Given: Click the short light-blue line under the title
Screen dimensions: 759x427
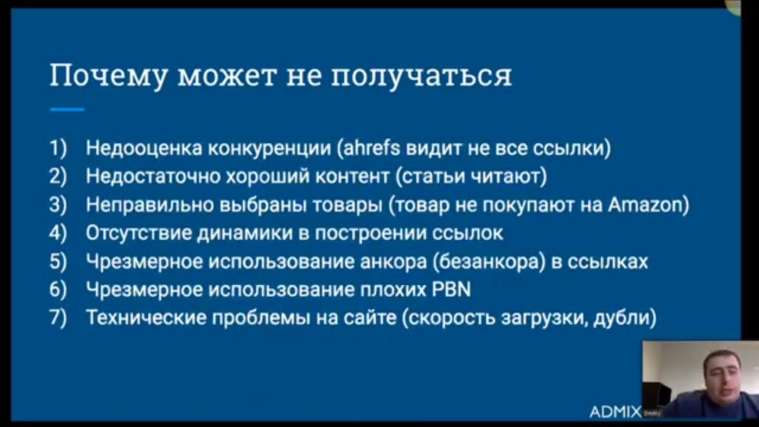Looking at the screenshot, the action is pyautogui.click(x=67, y=109).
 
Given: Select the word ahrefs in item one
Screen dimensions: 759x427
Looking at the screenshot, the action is pyautogui.click(x=372, y=148).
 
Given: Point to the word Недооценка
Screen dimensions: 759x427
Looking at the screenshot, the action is pyautogui.click(x=144, y=148).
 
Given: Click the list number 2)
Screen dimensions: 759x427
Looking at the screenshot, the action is pyautogui.click(x=58, y=176).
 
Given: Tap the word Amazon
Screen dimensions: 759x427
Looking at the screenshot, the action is pyautogui.click(x=645, y=205).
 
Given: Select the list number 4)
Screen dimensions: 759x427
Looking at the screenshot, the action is pyautogui.click(x=58, y=233).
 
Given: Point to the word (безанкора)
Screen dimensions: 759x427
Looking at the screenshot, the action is pyautogui.click(x=489, y=262).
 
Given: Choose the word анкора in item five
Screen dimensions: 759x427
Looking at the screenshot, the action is pyautogui.click(x=393, y=262).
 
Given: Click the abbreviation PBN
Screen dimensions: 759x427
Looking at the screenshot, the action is pyautogui.click(x=452, y=289).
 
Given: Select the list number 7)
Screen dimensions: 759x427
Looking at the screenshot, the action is pyautogui.click(x=58, y=318).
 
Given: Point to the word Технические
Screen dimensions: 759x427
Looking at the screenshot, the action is pyautogui.click(x=146, y=318).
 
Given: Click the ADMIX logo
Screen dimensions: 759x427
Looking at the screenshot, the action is pyautogui.click(x=616, y=412).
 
